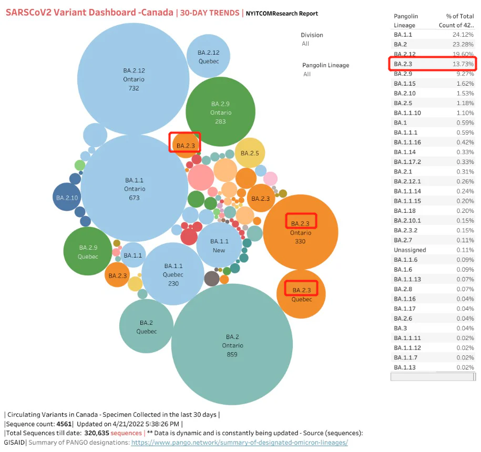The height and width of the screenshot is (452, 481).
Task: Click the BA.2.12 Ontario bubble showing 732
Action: [133, 79]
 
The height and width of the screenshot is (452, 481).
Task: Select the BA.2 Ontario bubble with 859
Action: [232, 344]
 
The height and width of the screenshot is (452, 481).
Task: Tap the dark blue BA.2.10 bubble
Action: [67, 197]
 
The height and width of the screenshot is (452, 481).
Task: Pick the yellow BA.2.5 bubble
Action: [250, 153]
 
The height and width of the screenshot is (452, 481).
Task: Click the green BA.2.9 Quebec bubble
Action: [88, 251]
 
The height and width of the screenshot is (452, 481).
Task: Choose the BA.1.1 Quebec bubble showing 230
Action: [173, 274]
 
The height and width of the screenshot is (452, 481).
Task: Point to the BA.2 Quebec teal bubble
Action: [146, 326]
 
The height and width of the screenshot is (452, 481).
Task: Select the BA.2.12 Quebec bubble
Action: [208, 56]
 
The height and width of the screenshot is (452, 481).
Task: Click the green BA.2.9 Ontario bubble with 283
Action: [221, 111]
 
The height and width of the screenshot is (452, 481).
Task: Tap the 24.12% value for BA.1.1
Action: [463, 35]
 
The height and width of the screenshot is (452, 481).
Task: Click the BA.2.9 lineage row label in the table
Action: [403, 74]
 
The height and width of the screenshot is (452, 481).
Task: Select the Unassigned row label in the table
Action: [410, 250]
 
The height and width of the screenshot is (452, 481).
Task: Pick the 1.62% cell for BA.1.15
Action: [465, 84]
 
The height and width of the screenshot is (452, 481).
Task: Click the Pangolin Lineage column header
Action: [406, 20]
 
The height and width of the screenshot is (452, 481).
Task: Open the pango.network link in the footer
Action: [240, 443]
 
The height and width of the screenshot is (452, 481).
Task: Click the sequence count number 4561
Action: [64, 424]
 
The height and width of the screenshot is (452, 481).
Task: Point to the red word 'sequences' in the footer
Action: [126, 433]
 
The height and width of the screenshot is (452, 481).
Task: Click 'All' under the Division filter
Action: [305, 44]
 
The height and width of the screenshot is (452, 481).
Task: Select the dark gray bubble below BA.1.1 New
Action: [212, 279]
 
